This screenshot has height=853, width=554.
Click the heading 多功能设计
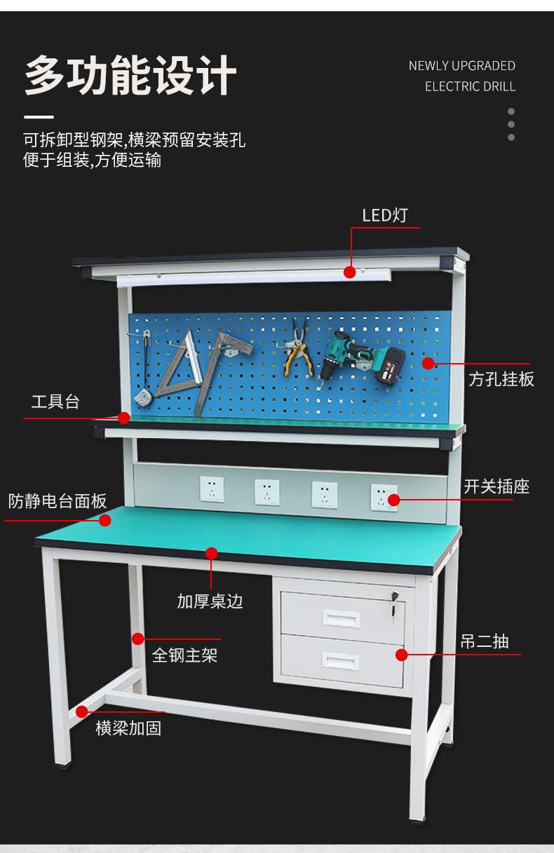[x=130, y=76]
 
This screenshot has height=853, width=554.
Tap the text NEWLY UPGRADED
[x=461, y=66]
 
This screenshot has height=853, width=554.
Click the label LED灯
[x=384, y=215]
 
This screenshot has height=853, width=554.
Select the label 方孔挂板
[x=501, y=379]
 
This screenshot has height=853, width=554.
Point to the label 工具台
[x=55, y=402]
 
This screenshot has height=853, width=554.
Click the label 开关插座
[x=496, y=486]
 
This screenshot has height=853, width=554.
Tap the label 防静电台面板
[x=58, y=501]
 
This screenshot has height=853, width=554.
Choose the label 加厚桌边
[x=210, y=601]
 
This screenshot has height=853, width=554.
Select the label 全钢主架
[x=184, y=655]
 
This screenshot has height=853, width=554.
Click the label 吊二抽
[x=484, y=641]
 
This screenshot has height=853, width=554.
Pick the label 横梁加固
[x=128, y=728]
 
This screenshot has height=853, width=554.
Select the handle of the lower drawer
[x=340, y=661]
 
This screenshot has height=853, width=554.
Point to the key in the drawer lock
[x=394, y=600]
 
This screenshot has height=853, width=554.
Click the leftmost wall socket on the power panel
[x=212, y=489]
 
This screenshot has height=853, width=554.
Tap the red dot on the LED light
[x=349, y=271]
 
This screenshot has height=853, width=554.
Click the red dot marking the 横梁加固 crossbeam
[x=82, y=711]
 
